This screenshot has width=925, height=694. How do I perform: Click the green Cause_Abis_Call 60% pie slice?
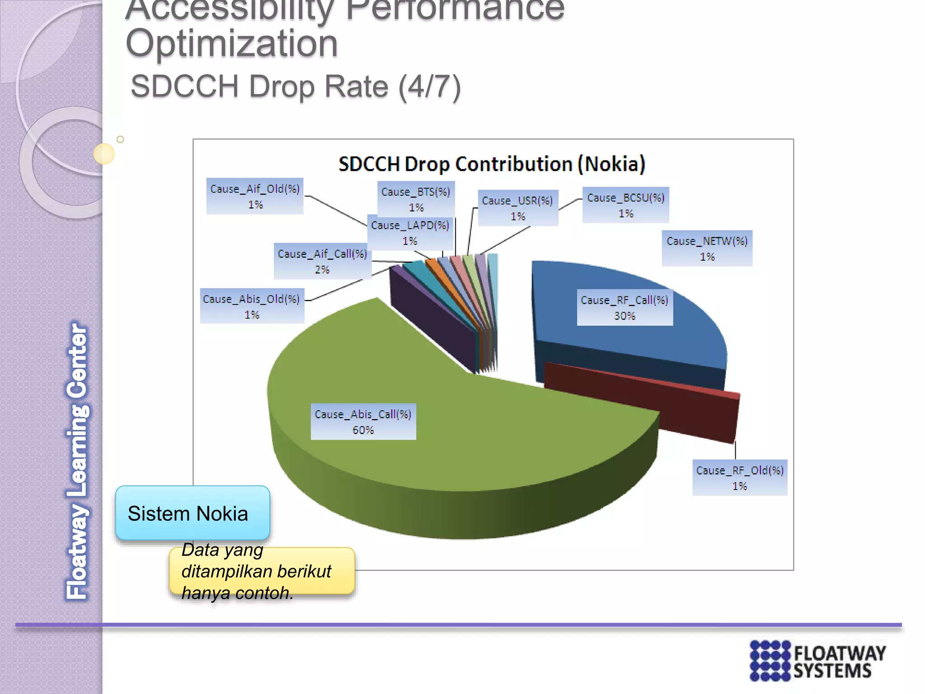(452, 452)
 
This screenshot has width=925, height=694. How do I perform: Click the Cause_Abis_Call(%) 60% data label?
(363, 422)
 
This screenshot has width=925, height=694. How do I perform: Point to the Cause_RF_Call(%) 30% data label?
(625, 308)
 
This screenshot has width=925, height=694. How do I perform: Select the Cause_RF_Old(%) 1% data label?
(740, 478)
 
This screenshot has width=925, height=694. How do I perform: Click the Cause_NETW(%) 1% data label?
(707, 249)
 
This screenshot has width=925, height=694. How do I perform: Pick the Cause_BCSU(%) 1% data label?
(626, 205)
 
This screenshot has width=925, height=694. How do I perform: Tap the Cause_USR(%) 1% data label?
(518, 208)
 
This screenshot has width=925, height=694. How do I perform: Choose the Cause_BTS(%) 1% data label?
(416, 199)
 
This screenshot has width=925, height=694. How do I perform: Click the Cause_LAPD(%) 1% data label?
(410, 233)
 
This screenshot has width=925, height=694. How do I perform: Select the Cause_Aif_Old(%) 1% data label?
(255, 196)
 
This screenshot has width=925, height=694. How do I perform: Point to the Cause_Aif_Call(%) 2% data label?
(322, 261)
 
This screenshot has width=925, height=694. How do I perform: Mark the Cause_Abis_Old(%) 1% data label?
(252, 306)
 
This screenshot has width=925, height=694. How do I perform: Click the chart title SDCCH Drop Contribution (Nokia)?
(492, 164)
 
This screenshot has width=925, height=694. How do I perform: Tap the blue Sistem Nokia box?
(192, 513)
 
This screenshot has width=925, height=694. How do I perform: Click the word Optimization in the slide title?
(232, 43)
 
